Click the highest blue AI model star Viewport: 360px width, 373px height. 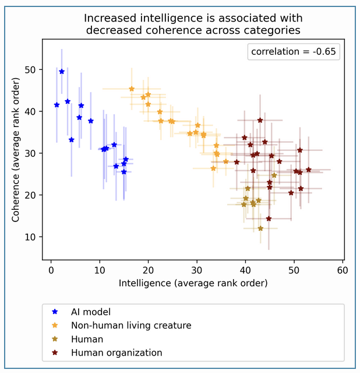(62, 72)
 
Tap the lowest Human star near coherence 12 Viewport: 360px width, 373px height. (260, 228)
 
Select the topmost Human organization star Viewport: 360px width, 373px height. (260, 121)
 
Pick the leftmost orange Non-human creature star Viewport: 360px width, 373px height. (132, 89)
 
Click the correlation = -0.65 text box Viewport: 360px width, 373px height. (294, 52)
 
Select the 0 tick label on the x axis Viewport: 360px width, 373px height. (51, 270)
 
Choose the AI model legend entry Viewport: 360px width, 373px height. (82, 312)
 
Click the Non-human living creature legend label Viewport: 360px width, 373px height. (131, 325)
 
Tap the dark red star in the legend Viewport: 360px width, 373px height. (55, 353)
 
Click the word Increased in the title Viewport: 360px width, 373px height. (111, 18)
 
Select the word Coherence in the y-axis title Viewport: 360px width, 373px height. (16, 198)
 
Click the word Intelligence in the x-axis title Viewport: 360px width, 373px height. (145, 283)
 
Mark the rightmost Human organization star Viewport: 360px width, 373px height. (309, 170)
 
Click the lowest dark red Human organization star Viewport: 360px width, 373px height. (269, 219)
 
